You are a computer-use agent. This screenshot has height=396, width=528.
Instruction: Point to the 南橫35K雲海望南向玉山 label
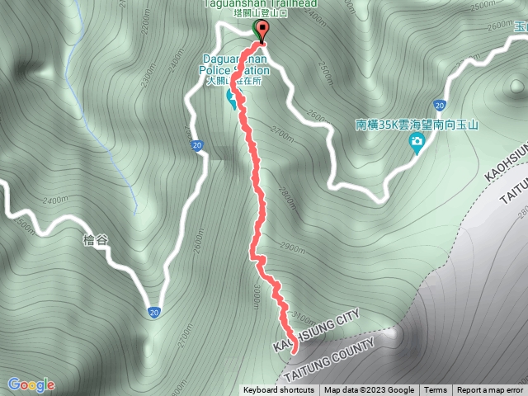417,125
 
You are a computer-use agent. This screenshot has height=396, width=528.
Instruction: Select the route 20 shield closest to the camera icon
441,106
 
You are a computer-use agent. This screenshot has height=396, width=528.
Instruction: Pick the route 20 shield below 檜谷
154,312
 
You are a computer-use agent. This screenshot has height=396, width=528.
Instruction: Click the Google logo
31,384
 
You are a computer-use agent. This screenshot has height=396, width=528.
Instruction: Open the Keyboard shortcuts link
278,390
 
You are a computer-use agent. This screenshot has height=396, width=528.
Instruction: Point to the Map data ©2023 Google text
369,390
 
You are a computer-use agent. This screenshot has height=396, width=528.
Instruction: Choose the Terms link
436,390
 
